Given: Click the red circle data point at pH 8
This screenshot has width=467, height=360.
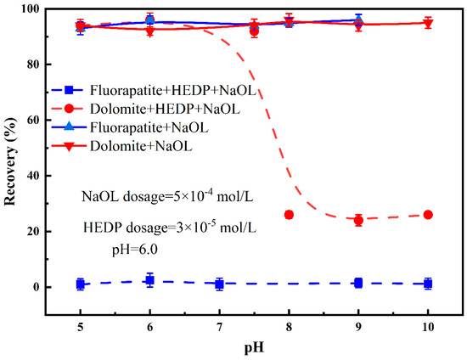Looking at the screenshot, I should pyautogui.click(x=289, y=215).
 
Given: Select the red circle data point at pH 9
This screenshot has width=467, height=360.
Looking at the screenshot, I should pyautogui.click(x=358, y=220).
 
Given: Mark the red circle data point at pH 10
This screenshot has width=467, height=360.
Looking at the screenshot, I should pyautogui.click(x=428, y=215).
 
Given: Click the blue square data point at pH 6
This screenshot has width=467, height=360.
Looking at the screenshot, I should pyautogui.click(x=149, y=279).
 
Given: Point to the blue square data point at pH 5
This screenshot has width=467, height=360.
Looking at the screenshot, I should pyautogui.click(x=80, y=284).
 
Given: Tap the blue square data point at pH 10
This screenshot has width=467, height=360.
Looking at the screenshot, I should pyautogui.click(x=428, y=284).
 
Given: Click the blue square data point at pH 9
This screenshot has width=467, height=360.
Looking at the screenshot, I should pyautogui.click(x=358, y=283).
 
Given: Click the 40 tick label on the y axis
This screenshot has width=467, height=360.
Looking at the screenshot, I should pyautogui.click(x=36, y=176).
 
